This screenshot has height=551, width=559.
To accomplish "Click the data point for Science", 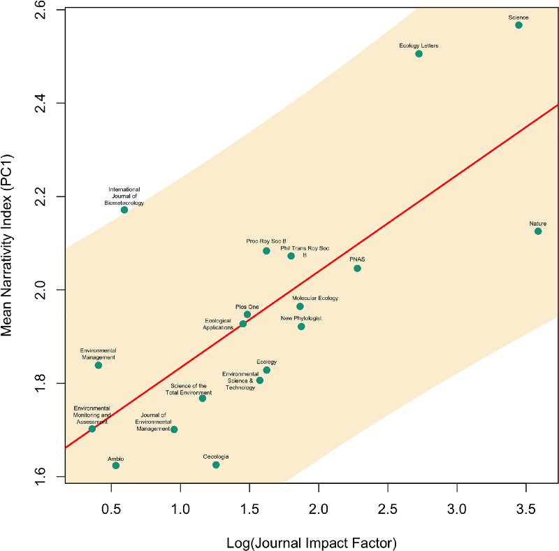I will pyautogui.click(x=518, y=25).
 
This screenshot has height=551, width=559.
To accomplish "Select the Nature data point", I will pyautogui.click(x=538, y=231).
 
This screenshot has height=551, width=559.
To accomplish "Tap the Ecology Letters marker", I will pyautogui.click(x=419, y=54).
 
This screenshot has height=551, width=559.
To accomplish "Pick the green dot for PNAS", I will pyautogui.click(x=357, y=269).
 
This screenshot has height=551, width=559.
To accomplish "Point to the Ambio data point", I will pyautogui.click(x=116, y=466).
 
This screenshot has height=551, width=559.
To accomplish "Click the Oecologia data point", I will pyautogui.click(x=216, y=465).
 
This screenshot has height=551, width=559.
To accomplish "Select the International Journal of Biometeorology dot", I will pyautogui.click(x=124, y=210).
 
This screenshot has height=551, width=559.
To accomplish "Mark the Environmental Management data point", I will pyautogui.click(x=99, y=366).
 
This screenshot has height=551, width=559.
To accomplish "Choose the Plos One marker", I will pyautogui.click(x=247, y=315).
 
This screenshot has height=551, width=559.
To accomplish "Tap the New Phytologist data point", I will pyautogui.click(x=301, y=327).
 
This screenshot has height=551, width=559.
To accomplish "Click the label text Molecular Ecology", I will pyautogui.click(x=315, y=298).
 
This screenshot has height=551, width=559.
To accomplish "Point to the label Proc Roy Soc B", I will pyautogui.click(x=266, y=241).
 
